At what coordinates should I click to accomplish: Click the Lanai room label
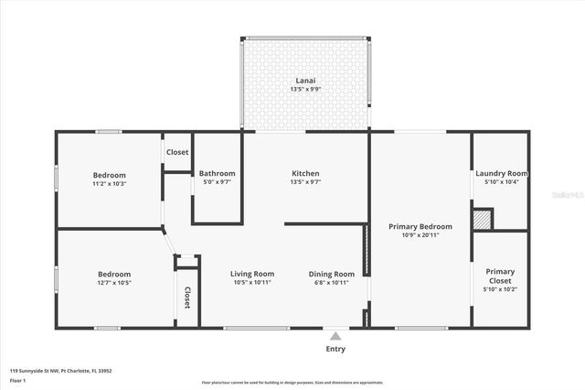(305, 79)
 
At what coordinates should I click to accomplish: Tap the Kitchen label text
(305, 173)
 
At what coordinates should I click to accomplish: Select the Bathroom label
(218, 173)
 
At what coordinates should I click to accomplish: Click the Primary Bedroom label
(420, 226)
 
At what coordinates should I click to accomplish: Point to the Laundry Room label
(502, 173)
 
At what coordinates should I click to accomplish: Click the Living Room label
(252, 274)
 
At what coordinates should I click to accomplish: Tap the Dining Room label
(331, 274)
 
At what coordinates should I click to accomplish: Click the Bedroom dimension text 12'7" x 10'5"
(114, 283)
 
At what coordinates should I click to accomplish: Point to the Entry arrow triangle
(336, 336)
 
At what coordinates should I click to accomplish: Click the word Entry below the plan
(336, 349)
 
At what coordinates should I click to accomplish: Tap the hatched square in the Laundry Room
(482, 220)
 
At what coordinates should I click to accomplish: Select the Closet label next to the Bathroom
(177, 152)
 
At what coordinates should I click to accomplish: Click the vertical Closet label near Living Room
(187, 298)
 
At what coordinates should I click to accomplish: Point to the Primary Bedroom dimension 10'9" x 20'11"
(420, 235)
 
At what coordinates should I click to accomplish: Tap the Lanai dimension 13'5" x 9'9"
(305, 89)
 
